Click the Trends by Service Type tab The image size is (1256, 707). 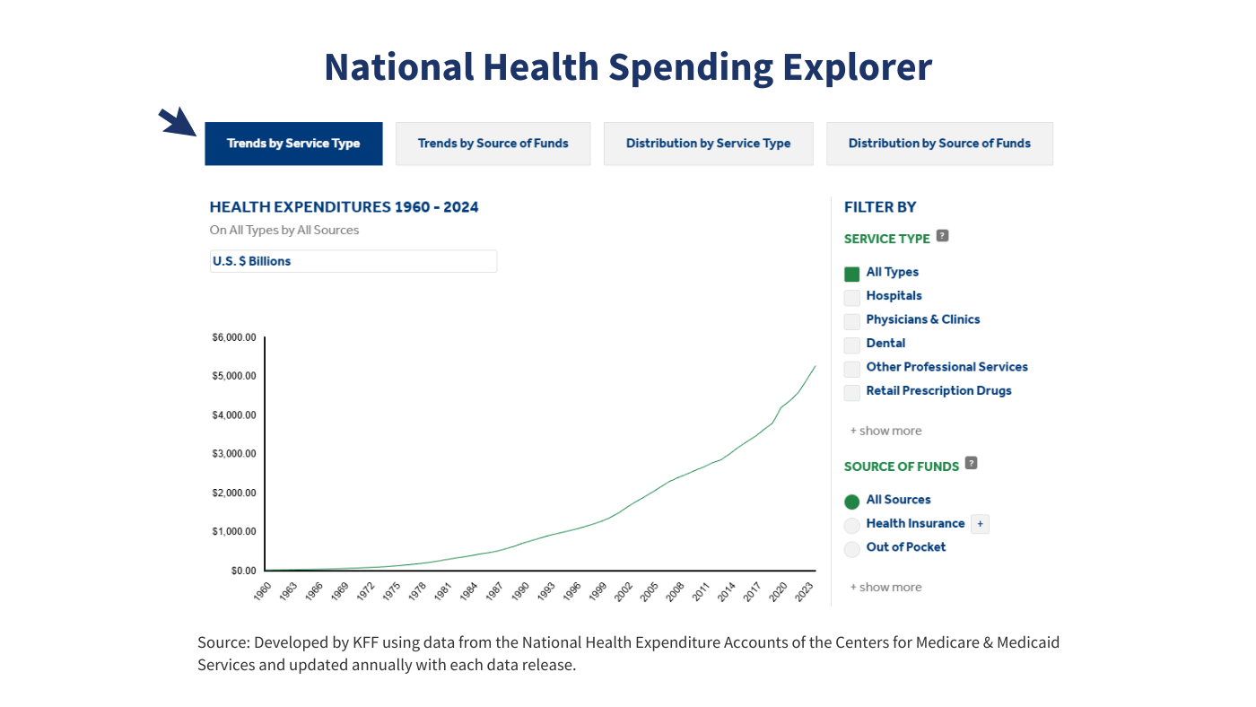pos(293,144)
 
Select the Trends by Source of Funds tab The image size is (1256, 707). pos(493,144)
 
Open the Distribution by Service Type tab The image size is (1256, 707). pos(708,144)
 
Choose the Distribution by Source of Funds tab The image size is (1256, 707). pos(939,144)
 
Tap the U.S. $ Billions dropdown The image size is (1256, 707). pos(353,261)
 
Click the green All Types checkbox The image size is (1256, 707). pos(852,274)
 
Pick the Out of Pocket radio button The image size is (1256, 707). pos(852,549)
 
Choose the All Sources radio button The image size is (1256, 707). pos(852,502)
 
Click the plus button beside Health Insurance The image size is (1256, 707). pos(980,524)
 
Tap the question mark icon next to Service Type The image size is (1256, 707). pos(942,236)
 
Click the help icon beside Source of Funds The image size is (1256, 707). pos(971,464)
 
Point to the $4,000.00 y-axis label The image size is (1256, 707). pos(234,415)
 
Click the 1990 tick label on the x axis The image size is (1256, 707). pos(520,591)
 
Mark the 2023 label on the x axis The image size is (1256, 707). pos(807,591)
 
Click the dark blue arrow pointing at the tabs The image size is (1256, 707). pos(177,122)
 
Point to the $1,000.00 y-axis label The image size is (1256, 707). pos(234,532)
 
